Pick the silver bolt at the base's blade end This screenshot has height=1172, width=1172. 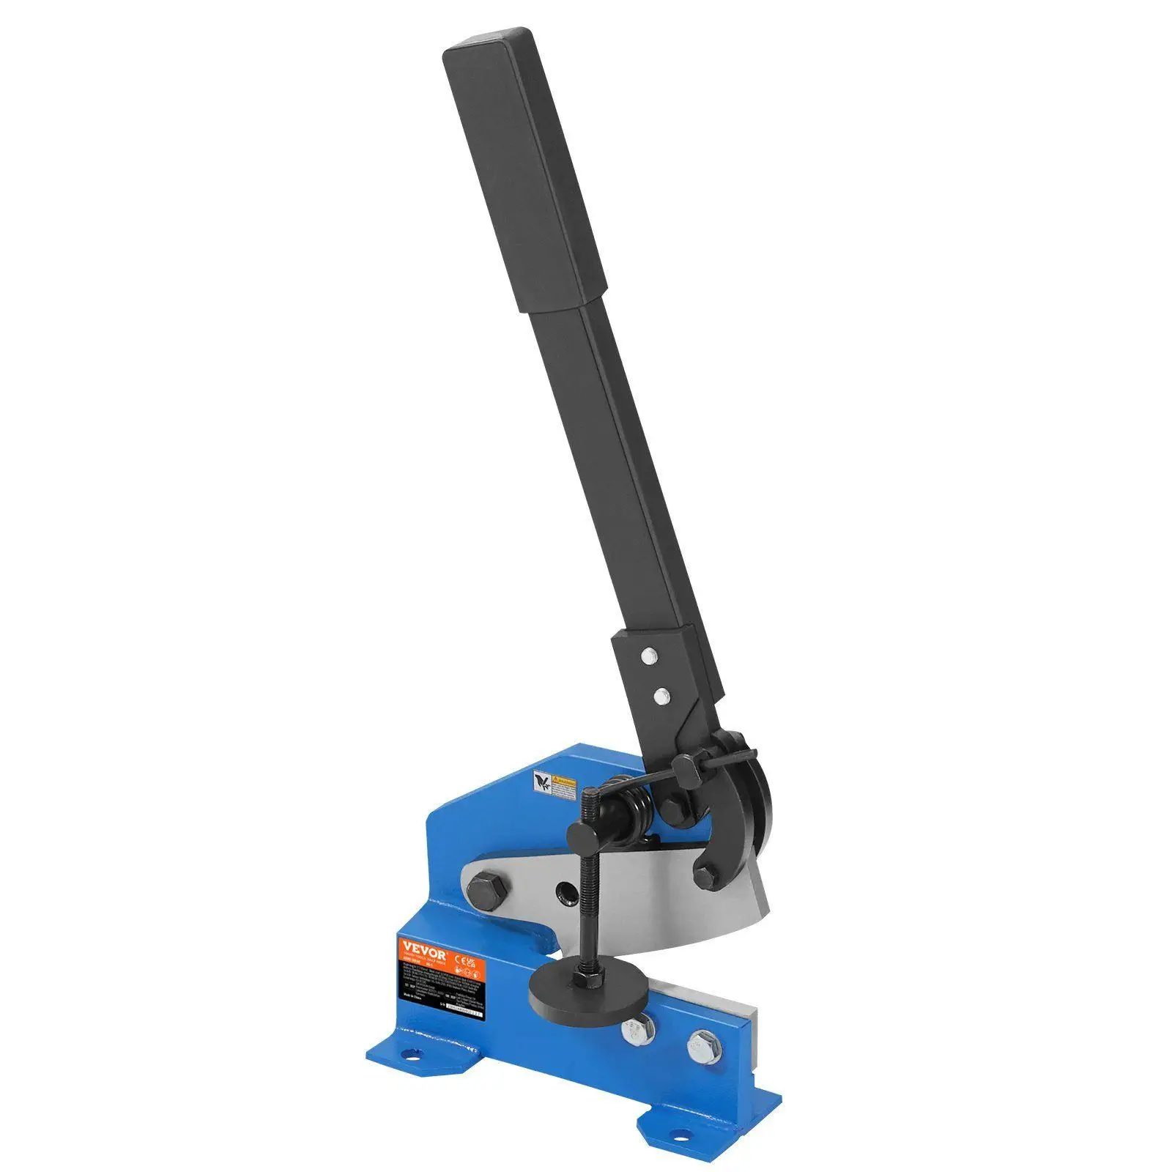704,1047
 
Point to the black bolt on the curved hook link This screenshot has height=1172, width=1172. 705,877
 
